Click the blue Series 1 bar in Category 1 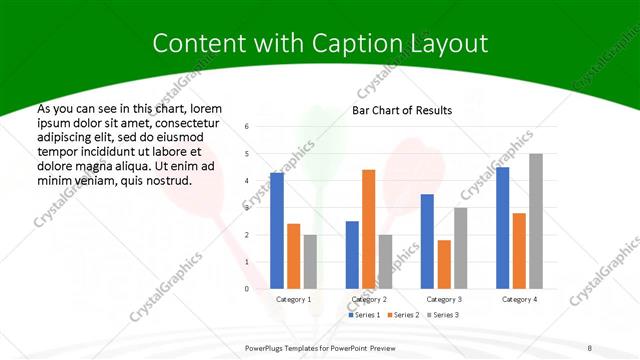pyautogui.click(x=277, y=231)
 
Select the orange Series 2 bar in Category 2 pyautogui.click(x=368, y=229)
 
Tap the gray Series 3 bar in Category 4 pyautogui.click(x=536, y=221)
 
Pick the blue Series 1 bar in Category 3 pyautogui.click(x=427, y=241)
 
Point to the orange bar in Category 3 pyautogui.click(x=444, y=264)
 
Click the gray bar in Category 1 pyautogui.click(x=310, y=262)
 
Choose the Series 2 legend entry pyautogui.click(x=402, y=315)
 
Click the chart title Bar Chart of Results pyautogui.click(x=402, y=110)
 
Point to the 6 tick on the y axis pyautogui.click(x=247, y=127)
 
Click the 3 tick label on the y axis pyautogui.click(x=247, y=208)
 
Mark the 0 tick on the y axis pyautogui.click(x=247, y=289)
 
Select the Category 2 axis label pyautogui.click(x=368, y=299)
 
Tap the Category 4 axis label pyautogui.click(x=519, y=299)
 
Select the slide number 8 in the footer pyautogui.click(x=590, y=347)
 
